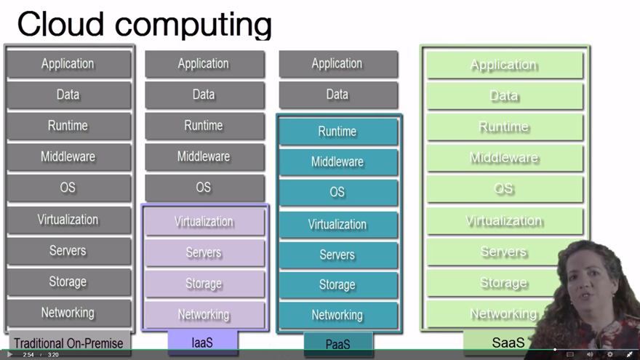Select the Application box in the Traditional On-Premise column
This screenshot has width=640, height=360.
tap(68, 64)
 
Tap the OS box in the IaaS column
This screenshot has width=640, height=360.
tap(204, 188)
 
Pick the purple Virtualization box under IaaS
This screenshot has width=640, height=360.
tap(204, 222)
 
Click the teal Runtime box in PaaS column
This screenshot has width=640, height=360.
tap(337, 132)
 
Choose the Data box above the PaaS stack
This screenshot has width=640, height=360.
tap(337, 95)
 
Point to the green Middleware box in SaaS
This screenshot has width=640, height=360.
tap(504, 158)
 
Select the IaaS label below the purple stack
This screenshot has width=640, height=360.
tap(202, 341)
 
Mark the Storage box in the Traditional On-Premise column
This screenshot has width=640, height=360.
tap(68, 281)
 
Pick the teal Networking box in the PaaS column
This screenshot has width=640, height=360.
tap(337, 315)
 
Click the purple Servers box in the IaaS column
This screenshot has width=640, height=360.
tap(204, 252)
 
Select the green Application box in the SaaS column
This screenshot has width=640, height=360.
tap(504, 65)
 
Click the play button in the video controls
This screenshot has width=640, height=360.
tap(9, 355)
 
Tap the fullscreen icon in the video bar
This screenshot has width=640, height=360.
tap(630, 355)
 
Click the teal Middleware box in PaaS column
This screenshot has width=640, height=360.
tap(337, 162)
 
